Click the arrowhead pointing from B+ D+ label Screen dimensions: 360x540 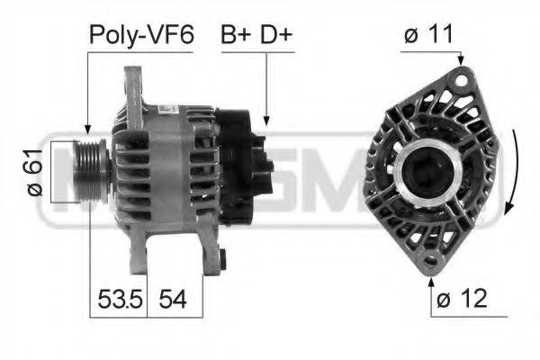click(267, 118)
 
